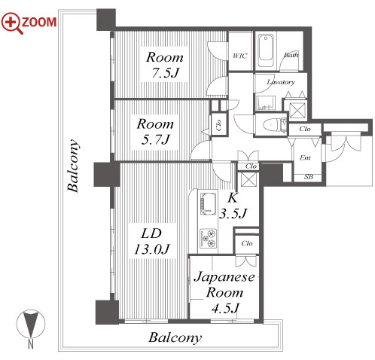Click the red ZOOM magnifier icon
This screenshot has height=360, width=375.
pos(13,23)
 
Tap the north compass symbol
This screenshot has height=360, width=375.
pos(31,323)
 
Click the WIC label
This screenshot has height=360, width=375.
pos(239,56)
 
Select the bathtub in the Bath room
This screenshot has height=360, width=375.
pos(266,51)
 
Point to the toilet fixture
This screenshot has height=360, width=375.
pos(274,124)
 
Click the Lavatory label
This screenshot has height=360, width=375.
pos(281,82)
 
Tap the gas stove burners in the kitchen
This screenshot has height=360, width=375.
pos(208,238)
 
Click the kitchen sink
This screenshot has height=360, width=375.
pos(208,204)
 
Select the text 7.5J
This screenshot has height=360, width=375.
pos(165,73)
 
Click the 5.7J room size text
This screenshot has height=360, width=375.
pos(156,139)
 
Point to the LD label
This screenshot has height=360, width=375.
pos(151,233)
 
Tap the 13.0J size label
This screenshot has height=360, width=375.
pos(152,249)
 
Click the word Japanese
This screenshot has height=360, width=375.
pos(224,278)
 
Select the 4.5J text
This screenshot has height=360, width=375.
pos(224,308)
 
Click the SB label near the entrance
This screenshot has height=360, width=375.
pos(309,177)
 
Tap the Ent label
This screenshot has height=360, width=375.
pos(305,157)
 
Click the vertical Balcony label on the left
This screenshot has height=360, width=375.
pos(74,166)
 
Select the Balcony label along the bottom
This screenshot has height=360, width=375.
pos(175,338)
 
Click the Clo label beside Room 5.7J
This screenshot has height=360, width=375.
pos(218,125)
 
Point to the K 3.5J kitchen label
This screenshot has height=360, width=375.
pos(233,206)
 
